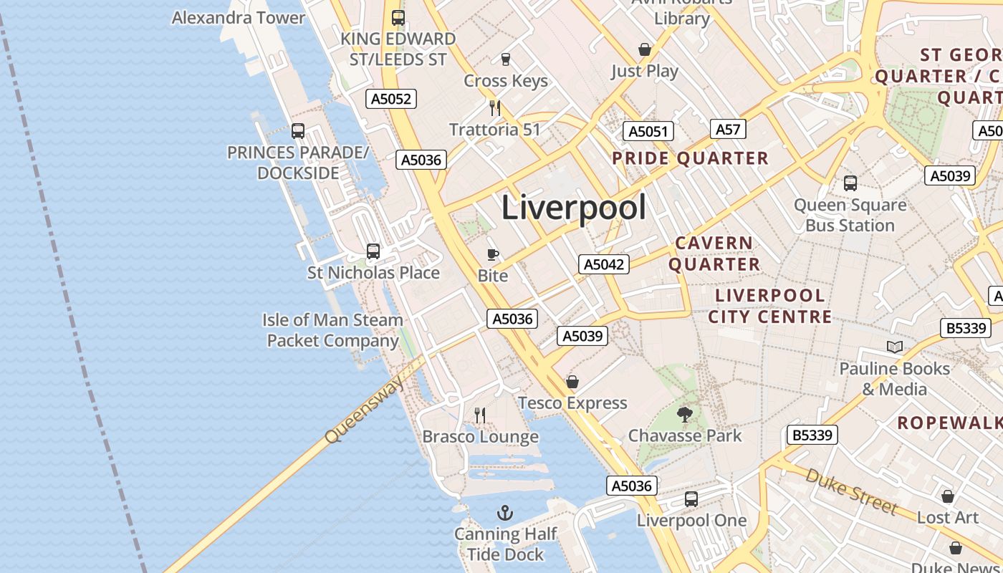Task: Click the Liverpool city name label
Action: pyautogui.click(x=573, y=208)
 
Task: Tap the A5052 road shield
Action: pyautogui.click(x=391, y=99)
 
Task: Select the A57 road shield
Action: pyautogui.click(x=728, y=129)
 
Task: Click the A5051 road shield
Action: pyautogui.click(x=648, y=131)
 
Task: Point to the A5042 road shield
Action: pyautogui.click(x=603, y=264)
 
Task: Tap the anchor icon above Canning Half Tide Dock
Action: pyautogui.click(x=505, y=513)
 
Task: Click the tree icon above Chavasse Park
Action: pyautogui.click(x=685, y=414)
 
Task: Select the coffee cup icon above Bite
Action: pyautogui.click(x=493, y=254)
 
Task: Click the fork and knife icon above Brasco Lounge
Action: pyautogui.click(x=480, y=415)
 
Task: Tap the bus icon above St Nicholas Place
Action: pyautogui.click(x=373, y=251)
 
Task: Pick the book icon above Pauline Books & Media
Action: pyautogui.click(x=894, y=347)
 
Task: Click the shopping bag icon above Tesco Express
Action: pyautogui.click(x=572, y=382)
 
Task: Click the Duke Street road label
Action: pyautogui.click(x=851, y=491)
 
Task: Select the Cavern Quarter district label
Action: pyautogui.click(x=714, y=254)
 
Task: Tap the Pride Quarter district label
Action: pyautogui.click(x=690, y=158)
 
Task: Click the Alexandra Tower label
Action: pyautogui.click(x=239, y=17)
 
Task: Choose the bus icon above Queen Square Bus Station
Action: pyautogui.click(x=850, y=183)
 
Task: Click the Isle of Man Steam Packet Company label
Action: pyautogui.click(x=332, y=330)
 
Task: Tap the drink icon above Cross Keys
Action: pyautogui.click(x=506, y=59)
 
